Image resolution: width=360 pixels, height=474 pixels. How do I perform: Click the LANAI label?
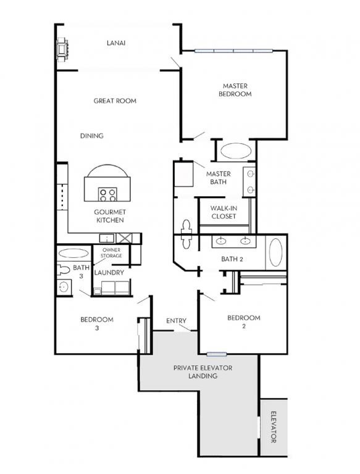[x=116, y=43]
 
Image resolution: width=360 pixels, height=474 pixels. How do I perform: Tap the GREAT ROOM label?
[x=115, y=101]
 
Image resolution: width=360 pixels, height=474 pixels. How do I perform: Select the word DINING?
[x=91, y=136]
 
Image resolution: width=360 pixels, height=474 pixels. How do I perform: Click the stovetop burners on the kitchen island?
[x=108, y=194]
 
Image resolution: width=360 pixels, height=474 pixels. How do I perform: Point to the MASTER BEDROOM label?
[x=235, y=89]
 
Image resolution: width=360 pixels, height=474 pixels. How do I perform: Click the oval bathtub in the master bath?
[x=236, y=151]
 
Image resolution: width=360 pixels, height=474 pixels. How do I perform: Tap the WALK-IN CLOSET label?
[x=224, y=212]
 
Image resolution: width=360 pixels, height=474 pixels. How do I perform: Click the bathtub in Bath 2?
[x=275, y=252]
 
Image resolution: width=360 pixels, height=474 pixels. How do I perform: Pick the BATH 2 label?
[x=232, y=259]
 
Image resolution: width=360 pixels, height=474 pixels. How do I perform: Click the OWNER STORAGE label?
[x=111, y=252]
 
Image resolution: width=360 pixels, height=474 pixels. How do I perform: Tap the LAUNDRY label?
[x=109, y=272]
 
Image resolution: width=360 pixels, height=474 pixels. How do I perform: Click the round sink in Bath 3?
[x=64, y=287]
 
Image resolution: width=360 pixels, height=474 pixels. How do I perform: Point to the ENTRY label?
[x=177, y=321]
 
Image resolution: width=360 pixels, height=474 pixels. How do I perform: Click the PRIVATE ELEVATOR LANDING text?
[x=203, y=372]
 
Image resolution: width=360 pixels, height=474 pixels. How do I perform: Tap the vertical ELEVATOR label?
[x=273, y=427]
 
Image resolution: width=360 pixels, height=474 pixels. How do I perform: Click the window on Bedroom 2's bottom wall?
[x=217, y=354]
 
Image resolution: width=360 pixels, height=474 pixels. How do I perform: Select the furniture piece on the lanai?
[x=63, y=49]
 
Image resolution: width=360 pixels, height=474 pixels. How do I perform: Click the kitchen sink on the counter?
[x=107, y=238]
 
